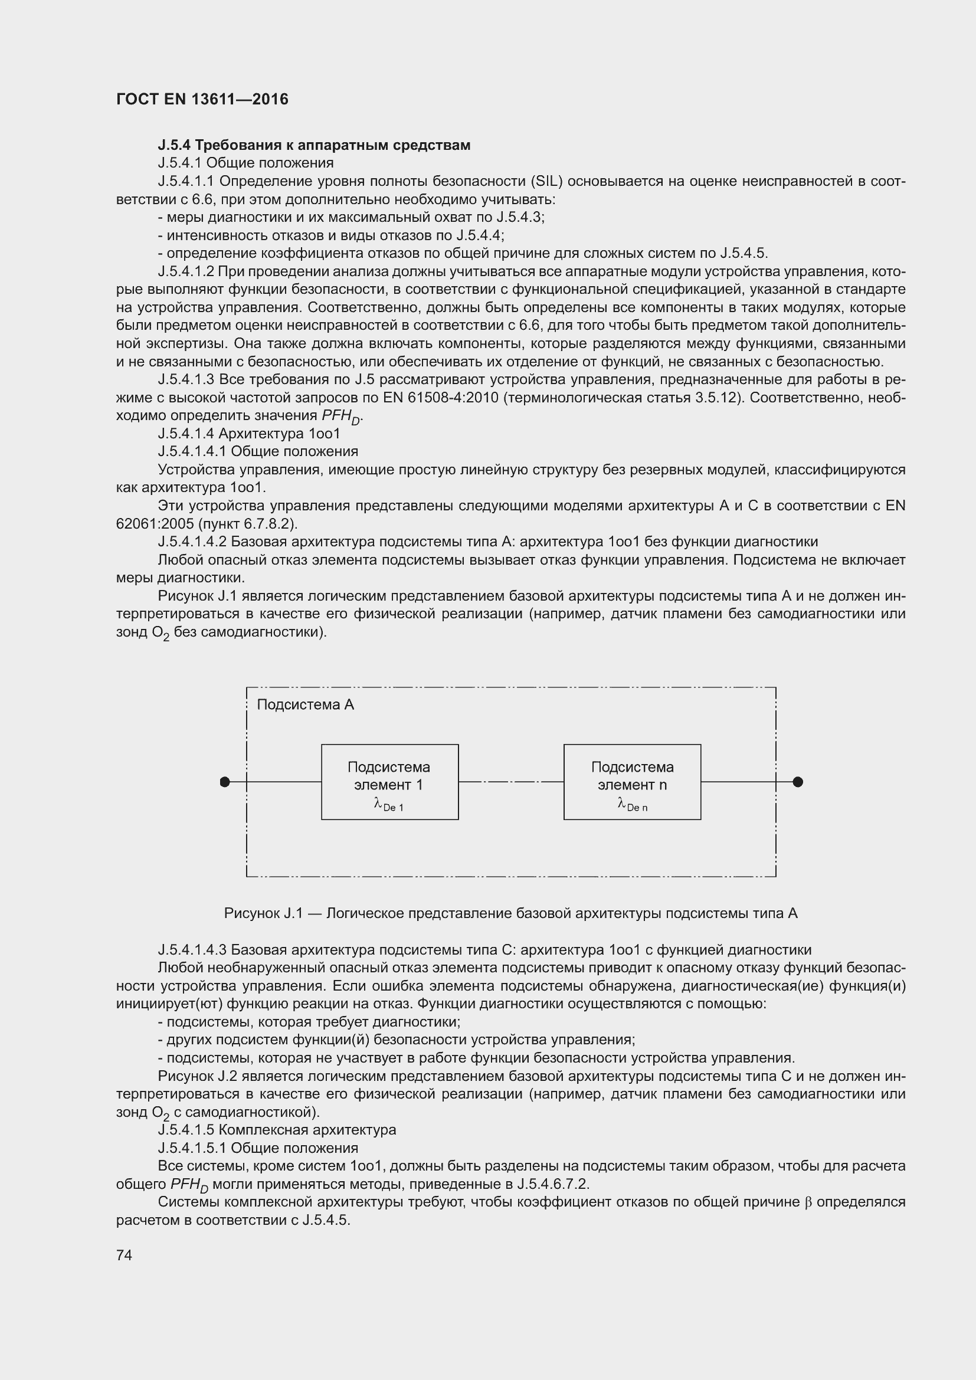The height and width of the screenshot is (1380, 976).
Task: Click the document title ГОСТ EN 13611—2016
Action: click(202, 100)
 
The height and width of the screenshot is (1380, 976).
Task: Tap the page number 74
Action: click(124, 1255)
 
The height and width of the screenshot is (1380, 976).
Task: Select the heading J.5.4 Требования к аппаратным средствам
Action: click(314, 145)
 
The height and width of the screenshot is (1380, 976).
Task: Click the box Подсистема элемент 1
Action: click(389, 781)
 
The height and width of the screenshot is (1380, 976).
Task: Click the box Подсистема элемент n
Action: click(631, 781)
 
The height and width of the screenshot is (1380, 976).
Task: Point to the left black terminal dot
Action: click(225, 782)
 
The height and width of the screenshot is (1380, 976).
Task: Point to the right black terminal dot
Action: click(798, 782)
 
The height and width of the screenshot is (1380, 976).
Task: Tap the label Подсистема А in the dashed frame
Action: click(305, 704)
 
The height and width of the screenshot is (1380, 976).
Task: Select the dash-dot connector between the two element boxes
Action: click(511, 782)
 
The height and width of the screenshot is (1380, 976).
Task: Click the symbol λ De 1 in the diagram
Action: click(388, 805)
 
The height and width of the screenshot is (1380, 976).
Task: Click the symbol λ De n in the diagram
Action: click(631, 805)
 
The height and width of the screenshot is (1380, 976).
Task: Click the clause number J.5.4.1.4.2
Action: click(192, 542)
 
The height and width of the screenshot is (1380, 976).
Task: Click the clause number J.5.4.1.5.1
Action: click(192, 1148)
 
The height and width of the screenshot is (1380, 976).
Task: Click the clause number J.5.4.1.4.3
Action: click(192, 950)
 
